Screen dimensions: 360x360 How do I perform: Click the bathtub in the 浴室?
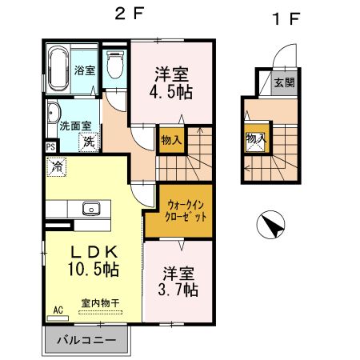click(58, 68)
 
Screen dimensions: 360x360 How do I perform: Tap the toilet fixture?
click(115, 64)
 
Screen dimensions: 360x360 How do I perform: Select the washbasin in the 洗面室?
click(53, 113)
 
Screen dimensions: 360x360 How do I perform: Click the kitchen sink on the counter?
click(91, 208)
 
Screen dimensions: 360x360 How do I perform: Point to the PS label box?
click(50, 147)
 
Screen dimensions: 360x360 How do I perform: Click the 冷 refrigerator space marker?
click(57, 166)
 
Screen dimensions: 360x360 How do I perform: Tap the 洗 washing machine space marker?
click(89, 142)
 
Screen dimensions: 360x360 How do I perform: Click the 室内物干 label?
click(100, 303)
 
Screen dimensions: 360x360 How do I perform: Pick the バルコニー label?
click(86, 340)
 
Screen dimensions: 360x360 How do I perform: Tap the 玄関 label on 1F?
click(284, 82)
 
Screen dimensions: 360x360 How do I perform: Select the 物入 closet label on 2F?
click(171, 140)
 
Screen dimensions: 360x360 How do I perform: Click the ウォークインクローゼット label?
click(186, 211)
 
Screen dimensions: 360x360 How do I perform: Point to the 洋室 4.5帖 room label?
click(171, 83)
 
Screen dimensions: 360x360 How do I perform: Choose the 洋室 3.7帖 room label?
click(178, 282)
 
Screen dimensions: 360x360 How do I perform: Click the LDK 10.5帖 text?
click(94, 261)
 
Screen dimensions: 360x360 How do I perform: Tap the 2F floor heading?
click(130, 14)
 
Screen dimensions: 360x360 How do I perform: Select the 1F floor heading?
click(286, 18)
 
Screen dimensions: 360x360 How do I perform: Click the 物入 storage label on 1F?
click(256, 138)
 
